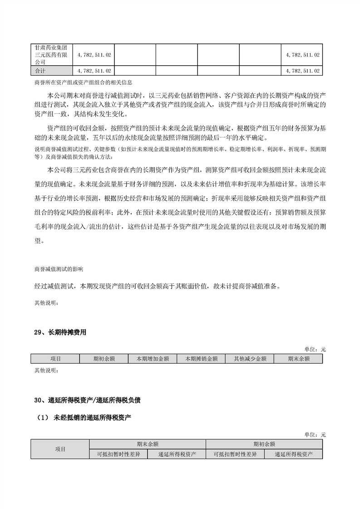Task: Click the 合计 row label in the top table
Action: (x=40, y=71)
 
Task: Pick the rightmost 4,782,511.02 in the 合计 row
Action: (x=303, y=71)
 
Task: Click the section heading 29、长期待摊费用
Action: (x=60, y=332)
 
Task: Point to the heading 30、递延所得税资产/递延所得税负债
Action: (x=87, y=400)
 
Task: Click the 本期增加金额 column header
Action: (x=153, y=358)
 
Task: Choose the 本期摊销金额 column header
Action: (x=201, y=358)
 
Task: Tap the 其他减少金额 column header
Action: (x=250, y=358)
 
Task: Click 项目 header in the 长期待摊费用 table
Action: (x=55, y=358)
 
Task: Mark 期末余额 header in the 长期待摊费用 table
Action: (x=298, y=358)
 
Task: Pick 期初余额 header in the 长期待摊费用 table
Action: (x=104, y=358)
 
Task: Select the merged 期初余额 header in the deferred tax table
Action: (x=264, y=444)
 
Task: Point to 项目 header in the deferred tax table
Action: (x=60, y=449)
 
